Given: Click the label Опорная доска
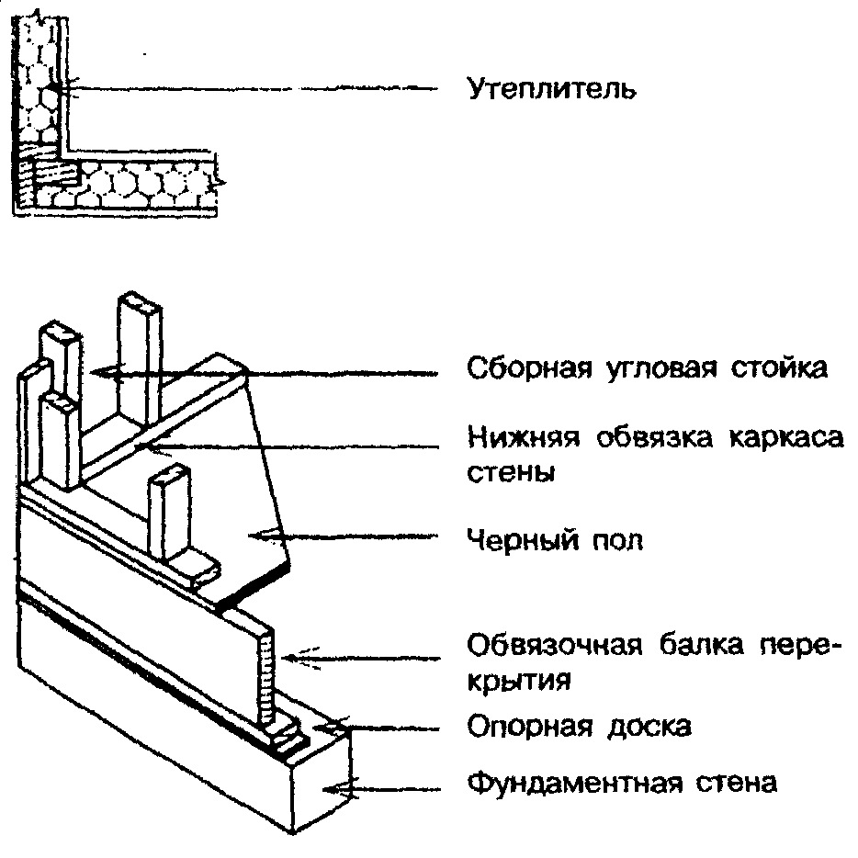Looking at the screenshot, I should click(579, 727).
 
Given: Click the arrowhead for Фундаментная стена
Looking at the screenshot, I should click(326, 786).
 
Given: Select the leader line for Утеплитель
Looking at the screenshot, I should click(257, 88).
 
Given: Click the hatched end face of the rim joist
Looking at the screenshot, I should click(267, 675).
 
